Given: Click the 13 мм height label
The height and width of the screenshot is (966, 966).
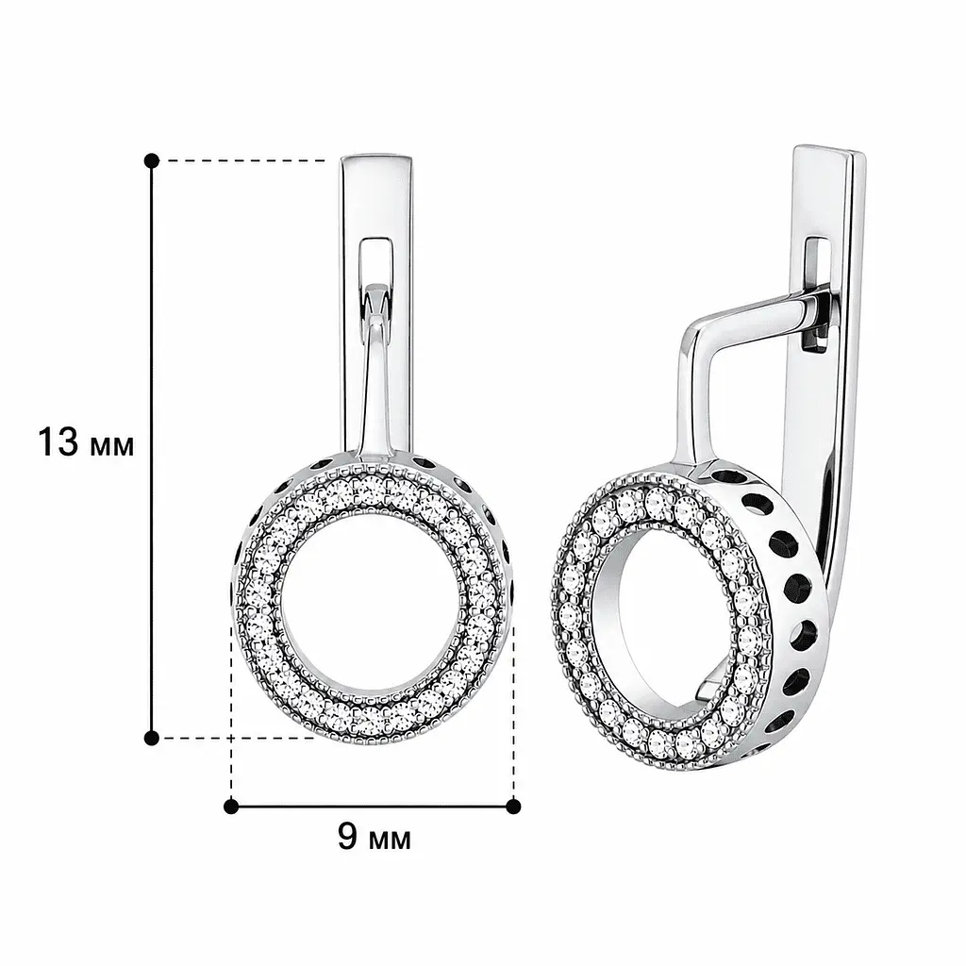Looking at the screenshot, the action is (x=86, y=441).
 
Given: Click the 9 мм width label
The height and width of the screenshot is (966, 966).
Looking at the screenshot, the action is (x=374, y=837).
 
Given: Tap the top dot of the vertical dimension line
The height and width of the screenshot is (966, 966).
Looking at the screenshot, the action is (x=152, y=161).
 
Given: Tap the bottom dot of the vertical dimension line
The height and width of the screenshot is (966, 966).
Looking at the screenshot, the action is (x=151, y=738).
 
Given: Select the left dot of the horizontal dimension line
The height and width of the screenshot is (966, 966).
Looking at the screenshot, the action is (x=231, y=807).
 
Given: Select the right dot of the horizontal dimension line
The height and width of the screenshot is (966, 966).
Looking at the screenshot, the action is (x=513, y=807).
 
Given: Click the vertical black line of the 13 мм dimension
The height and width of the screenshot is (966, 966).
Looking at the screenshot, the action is (x=151, y=450).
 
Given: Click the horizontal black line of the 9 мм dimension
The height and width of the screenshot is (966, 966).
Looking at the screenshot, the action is (x=372, y=807).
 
